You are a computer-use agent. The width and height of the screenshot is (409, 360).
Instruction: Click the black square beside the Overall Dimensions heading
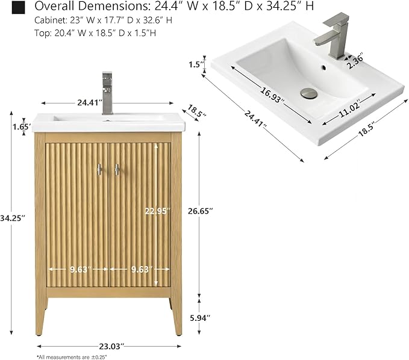18,7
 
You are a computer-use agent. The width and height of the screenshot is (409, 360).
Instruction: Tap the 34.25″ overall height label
13,218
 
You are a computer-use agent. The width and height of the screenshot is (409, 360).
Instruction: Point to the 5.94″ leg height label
200,318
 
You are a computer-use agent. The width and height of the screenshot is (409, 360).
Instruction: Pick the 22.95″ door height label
158,211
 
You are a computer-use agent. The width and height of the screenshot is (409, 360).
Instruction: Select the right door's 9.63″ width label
142,269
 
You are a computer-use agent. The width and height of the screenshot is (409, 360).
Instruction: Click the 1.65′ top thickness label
22,127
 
